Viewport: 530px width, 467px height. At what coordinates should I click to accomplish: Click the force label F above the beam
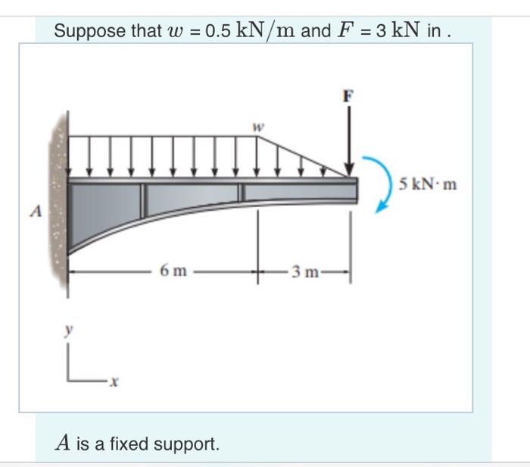coord(348,96)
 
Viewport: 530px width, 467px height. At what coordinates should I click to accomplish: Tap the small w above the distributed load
coord(257,129)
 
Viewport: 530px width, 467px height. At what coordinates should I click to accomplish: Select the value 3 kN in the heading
coord(401,31)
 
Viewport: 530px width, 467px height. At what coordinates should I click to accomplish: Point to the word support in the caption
coord(189,443)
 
